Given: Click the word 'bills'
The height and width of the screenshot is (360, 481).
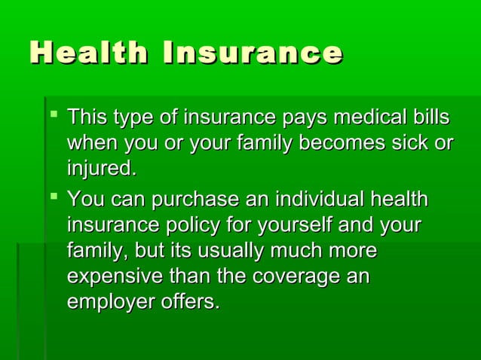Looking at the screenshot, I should click(x=430, y=118).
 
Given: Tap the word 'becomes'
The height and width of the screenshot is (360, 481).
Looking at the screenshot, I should click(x=335, y=143).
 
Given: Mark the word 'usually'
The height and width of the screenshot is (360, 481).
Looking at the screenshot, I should click(x=238, y=252).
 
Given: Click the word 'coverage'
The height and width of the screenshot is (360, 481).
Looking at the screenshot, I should click(x=291, y=277).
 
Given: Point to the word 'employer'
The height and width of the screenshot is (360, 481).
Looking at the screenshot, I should click(x=109, y=303).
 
